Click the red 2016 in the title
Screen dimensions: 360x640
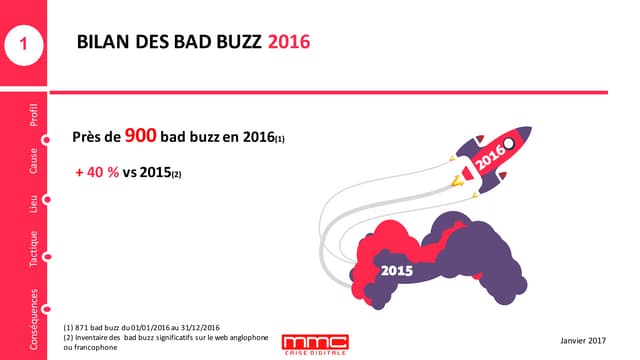click(x=289, y=42)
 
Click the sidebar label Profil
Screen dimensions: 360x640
click(x=34, y=117)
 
